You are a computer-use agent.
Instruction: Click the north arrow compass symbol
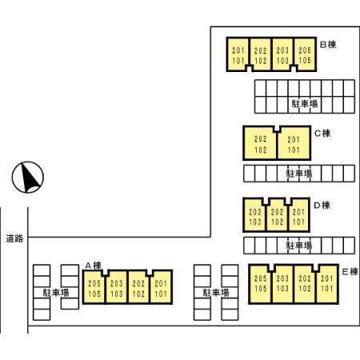[x=28, y=177]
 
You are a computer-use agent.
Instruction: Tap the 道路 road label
[x=14, y=238]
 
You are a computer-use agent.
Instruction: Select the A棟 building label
[x=94, y=266]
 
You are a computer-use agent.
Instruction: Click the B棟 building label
[x=328, y=45]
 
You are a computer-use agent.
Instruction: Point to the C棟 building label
[x=322, y=133]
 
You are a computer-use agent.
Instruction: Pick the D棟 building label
[x=322, y=206]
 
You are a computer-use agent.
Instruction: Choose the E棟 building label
[x=350, y=272]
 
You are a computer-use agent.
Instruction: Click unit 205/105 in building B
[x=305, y=55]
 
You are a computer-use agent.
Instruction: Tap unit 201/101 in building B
[x=238, y=55]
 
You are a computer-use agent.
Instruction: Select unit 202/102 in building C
[x=260, y=144]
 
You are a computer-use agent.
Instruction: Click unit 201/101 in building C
[x=294, y=144]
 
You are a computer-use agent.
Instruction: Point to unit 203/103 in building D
[x=254, y=216]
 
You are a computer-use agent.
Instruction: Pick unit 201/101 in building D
[x=298, y=216]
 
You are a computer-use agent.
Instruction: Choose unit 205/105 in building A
[x=94, y=288]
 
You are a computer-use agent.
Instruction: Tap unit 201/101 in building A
[x=161, y=288]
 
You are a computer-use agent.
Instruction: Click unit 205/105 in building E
[x=261, y=284]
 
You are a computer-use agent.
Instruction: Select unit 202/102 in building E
[x=305, y=284]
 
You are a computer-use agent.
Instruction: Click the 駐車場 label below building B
[x=305, y=103]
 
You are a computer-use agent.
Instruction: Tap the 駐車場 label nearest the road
[x=56, y=293]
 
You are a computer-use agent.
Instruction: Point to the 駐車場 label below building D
[x=299, y=246]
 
